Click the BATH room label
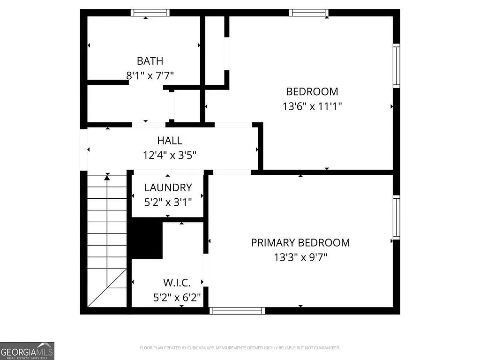150,61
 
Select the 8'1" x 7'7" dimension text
150,75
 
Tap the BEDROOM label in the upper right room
312,91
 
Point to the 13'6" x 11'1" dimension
312,106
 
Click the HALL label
170,140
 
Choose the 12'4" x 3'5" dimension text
170,155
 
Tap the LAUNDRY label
168,188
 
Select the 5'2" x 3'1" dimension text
168,202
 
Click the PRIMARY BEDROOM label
300,243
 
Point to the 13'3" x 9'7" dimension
300,257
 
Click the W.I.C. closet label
177,283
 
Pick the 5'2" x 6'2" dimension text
177,297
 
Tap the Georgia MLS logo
27,351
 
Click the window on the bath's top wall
150,13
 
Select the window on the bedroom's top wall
308,13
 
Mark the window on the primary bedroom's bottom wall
237,310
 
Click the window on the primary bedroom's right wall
397,217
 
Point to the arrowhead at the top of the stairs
107,178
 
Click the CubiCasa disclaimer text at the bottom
240,348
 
